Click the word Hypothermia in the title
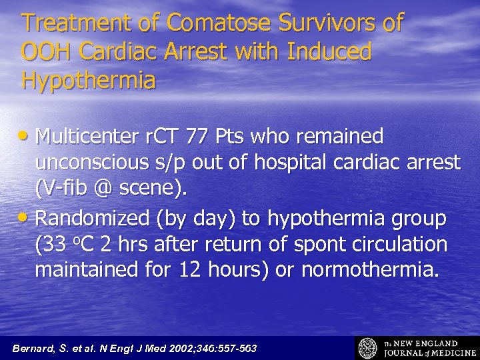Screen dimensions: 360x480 tap(88, 81)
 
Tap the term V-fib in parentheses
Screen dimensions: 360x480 tap(65, 190)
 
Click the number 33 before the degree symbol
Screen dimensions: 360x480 tap(57, 245)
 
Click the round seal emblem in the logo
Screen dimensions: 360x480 tap(368, 348)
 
